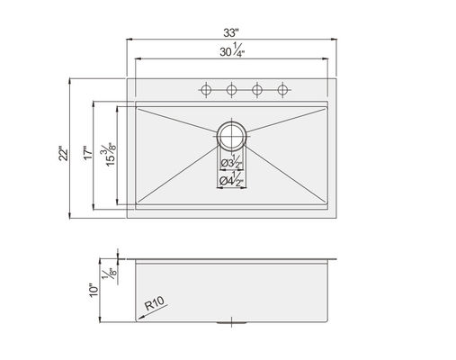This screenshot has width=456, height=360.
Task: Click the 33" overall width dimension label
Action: pyautogui.click(x=231, y=32)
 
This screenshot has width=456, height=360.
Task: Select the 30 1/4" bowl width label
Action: pyautogui.click(x=232, y=50)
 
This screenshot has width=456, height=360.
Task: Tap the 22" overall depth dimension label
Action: pyautogui.click(x=64, y=153)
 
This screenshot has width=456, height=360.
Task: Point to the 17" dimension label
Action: pyautogui.click(x=88, y=152)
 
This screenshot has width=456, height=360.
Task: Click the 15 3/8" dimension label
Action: pyautogui.click(x=110, y=155)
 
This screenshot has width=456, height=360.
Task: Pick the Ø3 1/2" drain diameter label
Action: pyautogui.click(x=232, y=162)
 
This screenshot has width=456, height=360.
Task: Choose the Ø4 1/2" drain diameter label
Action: pyautogui.click(x=231, y=180)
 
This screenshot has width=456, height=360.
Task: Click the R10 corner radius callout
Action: pyautogui.click(x=155, y=303)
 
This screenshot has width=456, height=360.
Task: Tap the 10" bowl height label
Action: pyautogui.click(x=94, y=290)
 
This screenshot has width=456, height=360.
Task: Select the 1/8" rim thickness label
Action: pyautogui.click(x=109, y=273)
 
